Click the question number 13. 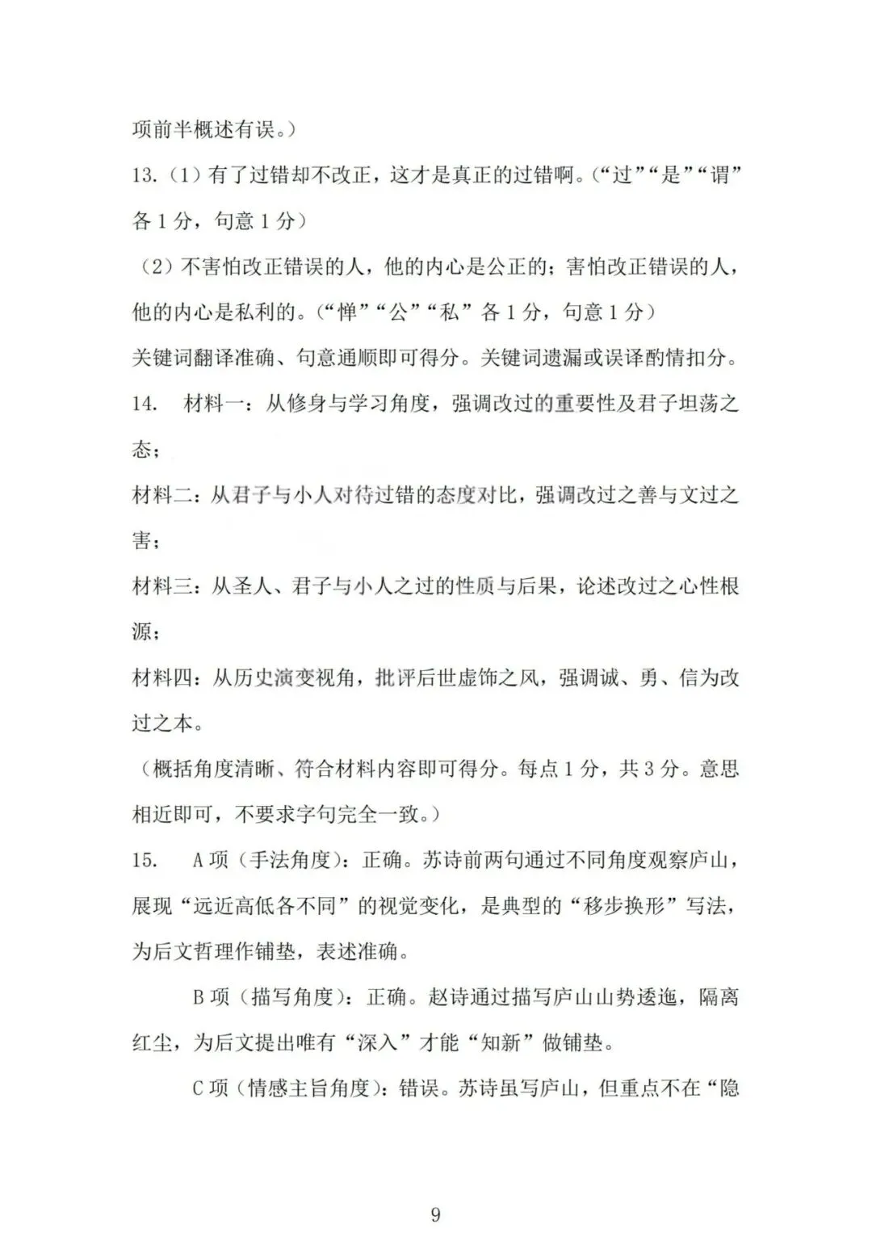[x=145, y=174]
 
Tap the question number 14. [x=145, y=403]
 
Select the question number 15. [x=145, y=860]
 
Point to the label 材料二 [x=162, y=495]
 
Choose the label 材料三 [x=162, y=586]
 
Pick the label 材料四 [x=162, y=677]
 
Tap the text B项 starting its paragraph [x=211, y=997]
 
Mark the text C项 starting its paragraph [x=211, y=1088]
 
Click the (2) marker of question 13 [x=156, y=266]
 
